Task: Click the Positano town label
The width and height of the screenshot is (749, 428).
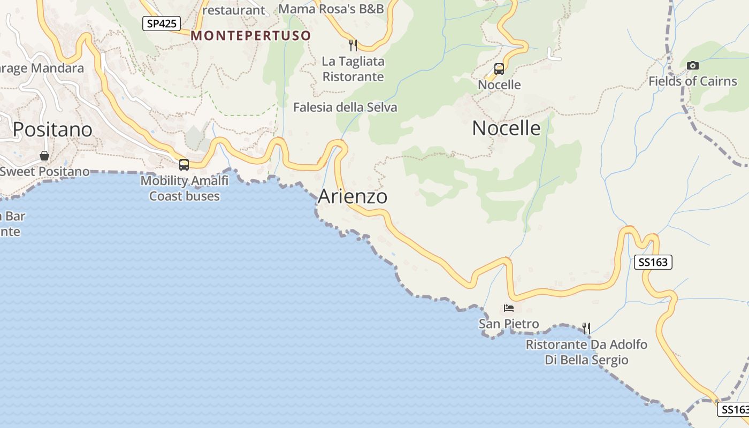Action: [x=52, y=129]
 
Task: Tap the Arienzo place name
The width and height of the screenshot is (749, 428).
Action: [x=353, y=196]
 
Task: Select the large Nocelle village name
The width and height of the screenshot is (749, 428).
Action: [x=506, y=128]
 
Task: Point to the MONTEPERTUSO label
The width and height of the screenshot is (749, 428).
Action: [x=251, y=36]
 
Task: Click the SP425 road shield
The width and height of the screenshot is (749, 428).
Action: [x=161, y=23]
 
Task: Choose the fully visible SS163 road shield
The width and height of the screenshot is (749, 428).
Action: [x=653, y=262]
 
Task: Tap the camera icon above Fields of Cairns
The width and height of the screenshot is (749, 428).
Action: [x=693, y=66]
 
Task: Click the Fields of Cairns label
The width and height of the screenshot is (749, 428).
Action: [x=693, y=81]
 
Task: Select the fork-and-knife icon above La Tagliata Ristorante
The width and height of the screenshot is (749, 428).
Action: [x=353, y=45]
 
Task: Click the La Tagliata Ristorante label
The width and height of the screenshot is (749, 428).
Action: [x=353, y=69]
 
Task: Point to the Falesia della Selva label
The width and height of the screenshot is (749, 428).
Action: [x=345, y=108]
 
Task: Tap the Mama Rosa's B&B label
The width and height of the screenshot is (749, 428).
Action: [x=332, y=9]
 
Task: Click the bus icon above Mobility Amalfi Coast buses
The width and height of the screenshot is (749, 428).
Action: [x=184, y=165]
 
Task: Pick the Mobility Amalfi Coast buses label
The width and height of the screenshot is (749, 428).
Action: [x=185, y=188]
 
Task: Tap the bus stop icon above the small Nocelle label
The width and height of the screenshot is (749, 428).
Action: [x=499, y=69]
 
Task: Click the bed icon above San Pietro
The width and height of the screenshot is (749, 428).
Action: [x=508, y=308]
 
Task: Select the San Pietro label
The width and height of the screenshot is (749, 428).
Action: [x=509, y=324]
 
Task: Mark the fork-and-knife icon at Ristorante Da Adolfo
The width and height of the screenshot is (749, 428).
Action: [x=586, y=328]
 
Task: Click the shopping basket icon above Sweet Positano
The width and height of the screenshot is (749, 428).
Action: [x=44, y=156]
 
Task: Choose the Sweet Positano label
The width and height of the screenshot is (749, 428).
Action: [x=44, y=172]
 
